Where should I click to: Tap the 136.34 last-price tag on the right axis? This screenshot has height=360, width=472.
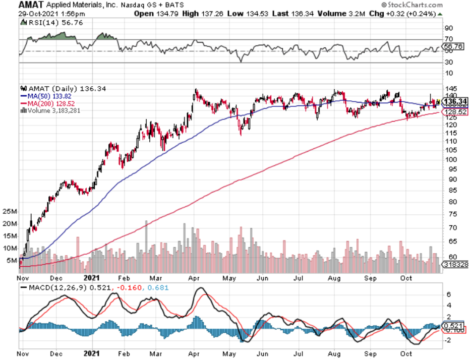[x=454, y=101]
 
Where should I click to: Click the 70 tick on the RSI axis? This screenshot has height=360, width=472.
[x=448, y=39]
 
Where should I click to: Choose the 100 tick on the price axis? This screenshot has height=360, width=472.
[x=450, y=159]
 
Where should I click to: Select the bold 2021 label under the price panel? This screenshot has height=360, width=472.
[x=91, y=277]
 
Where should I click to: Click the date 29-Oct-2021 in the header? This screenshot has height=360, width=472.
[x=36, y=14]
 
